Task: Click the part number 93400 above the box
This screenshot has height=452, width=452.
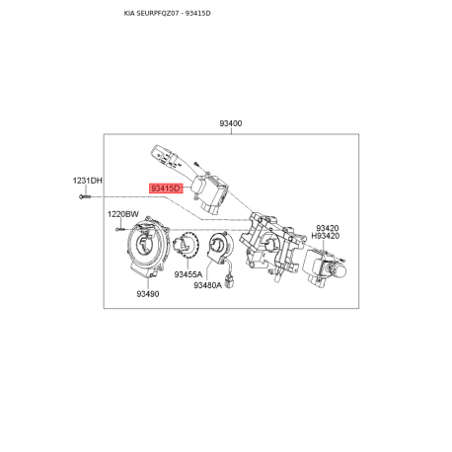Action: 231,123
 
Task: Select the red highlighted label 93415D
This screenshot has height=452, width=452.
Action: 166,188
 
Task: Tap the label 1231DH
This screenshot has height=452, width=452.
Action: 88,181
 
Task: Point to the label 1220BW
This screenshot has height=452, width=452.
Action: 123,214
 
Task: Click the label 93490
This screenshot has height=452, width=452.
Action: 148,294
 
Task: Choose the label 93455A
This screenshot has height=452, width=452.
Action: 188,274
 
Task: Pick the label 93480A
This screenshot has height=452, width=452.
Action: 207,285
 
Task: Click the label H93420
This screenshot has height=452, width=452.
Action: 326,236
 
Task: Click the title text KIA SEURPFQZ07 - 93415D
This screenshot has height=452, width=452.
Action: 167,14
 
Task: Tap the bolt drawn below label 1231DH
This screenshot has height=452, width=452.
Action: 85,196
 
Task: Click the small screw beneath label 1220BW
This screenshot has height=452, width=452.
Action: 119,229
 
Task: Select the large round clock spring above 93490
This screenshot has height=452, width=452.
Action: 148,248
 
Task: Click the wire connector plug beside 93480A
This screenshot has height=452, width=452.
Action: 229,281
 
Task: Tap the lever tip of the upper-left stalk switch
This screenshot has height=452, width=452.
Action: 157,150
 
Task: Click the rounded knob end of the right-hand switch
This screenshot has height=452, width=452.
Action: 339,270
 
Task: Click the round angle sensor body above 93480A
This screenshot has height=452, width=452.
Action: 219,247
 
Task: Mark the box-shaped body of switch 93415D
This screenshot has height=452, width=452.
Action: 209,192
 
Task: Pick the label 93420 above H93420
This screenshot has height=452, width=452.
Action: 328,228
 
